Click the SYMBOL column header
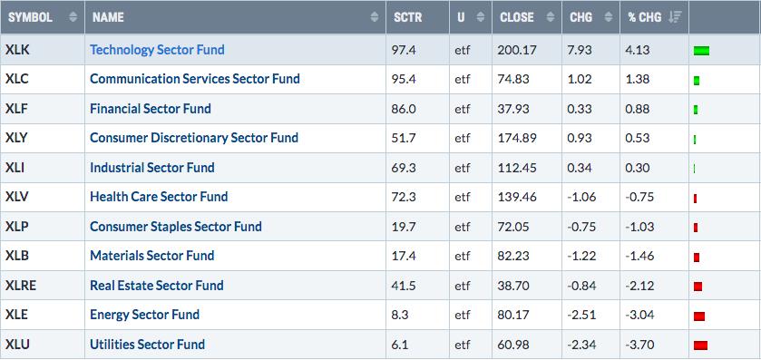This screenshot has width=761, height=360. [x=30, y=17]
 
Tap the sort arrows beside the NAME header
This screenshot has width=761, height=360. [x=375, y=17]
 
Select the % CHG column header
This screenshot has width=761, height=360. [x=645, y=17]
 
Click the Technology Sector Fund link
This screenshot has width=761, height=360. [x=157, y=50]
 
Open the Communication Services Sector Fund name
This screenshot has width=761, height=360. [x=195, y=79]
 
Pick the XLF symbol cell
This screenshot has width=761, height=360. [x=16, y=108]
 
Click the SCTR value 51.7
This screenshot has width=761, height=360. [x=404, y=138]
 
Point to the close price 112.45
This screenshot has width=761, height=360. [x=517, y=168]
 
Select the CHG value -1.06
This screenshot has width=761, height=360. [x=581, y=197]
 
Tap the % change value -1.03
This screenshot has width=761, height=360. [x=639, y=227]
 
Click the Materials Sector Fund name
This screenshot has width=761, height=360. [x=151, y=256]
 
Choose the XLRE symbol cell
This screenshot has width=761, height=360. [x=21, y=286]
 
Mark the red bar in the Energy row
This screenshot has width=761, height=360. [x=699, y=316]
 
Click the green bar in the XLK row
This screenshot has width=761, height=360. [x=701, y=51]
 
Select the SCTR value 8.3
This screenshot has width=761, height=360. [x=400, y=315]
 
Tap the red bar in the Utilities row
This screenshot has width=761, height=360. [x=700, y=345]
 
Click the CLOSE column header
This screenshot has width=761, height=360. [x=516, y=17]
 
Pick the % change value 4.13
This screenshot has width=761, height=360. [x=639, y=50]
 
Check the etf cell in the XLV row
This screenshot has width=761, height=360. [x=463, y=197]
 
